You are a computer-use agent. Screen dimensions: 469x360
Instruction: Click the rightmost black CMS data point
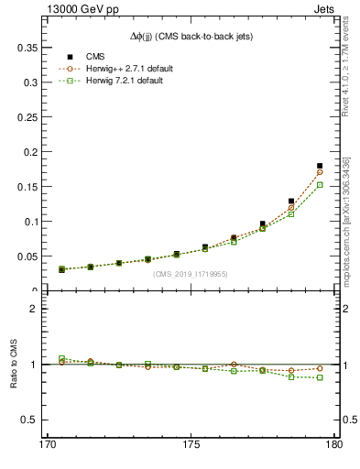(320, 166)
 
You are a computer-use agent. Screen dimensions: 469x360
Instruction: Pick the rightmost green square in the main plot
(320, 185)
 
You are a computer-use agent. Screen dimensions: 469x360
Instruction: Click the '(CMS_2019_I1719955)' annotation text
(191, 273)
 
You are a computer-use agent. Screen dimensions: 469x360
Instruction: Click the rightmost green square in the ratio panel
(320, 377)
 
